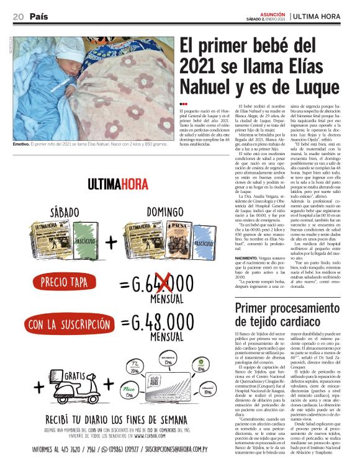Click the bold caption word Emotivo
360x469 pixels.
tap(23, 144)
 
